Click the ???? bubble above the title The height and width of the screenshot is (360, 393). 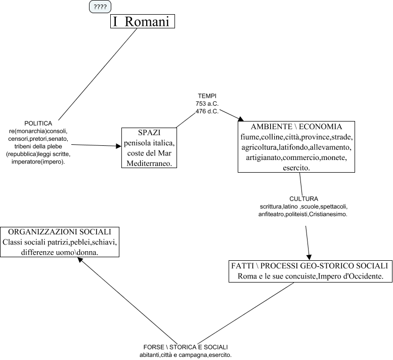pos(100,7)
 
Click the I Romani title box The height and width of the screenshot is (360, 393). pos(143,22)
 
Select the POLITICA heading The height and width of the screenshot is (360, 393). pos(38,124)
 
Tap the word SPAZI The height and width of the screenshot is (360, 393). pos(149,132)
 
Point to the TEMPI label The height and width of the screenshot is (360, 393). pos(207,96)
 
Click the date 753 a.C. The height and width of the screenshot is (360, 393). pos(207,103)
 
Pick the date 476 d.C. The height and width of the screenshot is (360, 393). pos(207,111)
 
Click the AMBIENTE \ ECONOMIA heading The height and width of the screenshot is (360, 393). pos(296,127)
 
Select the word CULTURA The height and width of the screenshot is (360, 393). pos(304,199)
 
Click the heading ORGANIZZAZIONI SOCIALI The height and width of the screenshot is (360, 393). pos(60,232)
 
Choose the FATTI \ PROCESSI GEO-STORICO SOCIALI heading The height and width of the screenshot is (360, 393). pos(309,266)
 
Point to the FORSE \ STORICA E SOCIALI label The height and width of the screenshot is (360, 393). pos(186,347)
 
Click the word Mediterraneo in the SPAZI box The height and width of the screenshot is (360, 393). pos(150,163)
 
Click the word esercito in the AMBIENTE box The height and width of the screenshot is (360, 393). pos(296,168)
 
